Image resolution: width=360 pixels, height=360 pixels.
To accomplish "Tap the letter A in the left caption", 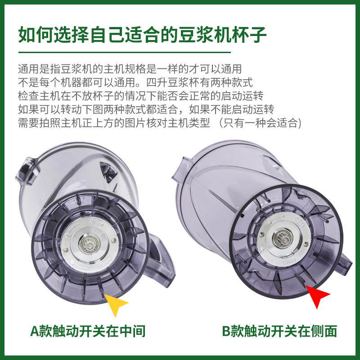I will click(x=35, y=332).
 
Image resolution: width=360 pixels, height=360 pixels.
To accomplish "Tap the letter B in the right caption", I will click(x=227, y=332).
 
